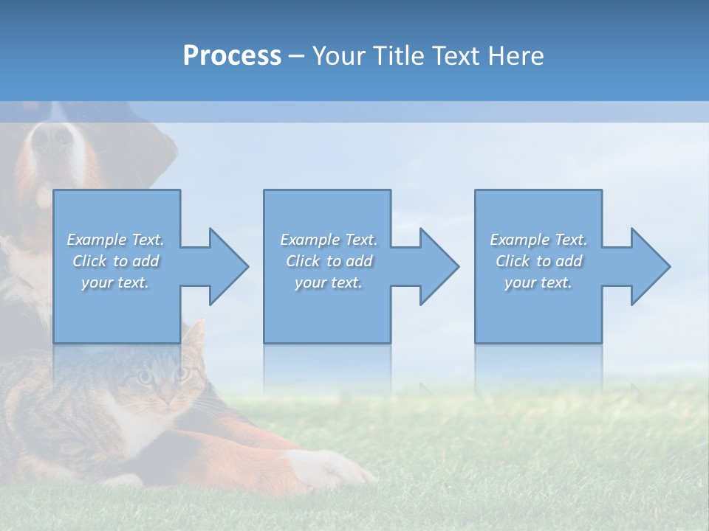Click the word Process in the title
[x=232, y=56]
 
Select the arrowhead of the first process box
[x=226, y=266]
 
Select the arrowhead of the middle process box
[x=436, y=266]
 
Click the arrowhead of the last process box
[x=648, y=266]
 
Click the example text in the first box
[x=116, y=261]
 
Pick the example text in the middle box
[x=329, y=261]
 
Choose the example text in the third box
[x=538, y=261]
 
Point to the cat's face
[x=162, y=383]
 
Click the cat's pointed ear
[x=195, y=336]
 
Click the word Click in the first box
[x=89, y=261]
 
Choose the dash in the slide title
[x=297, y=57]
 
